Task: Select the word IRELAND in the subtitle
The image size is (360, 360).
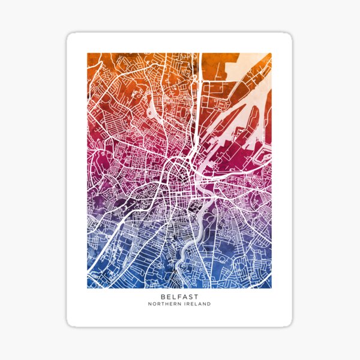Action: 197,304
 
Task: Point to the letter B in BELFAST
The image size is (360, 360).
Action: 163,296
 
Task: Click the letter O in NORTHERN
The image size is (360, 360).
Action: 154,304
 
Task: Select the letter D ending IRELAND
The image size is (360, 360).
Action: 209,304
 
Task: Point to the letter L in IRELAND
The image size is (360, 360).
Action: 196,304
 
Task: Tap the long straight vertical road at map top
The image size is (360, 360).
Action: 200,78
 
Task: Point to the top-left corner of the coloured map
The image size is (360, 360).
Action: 88,53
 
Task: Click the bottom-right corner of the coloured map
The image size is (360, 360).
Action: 271,287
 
